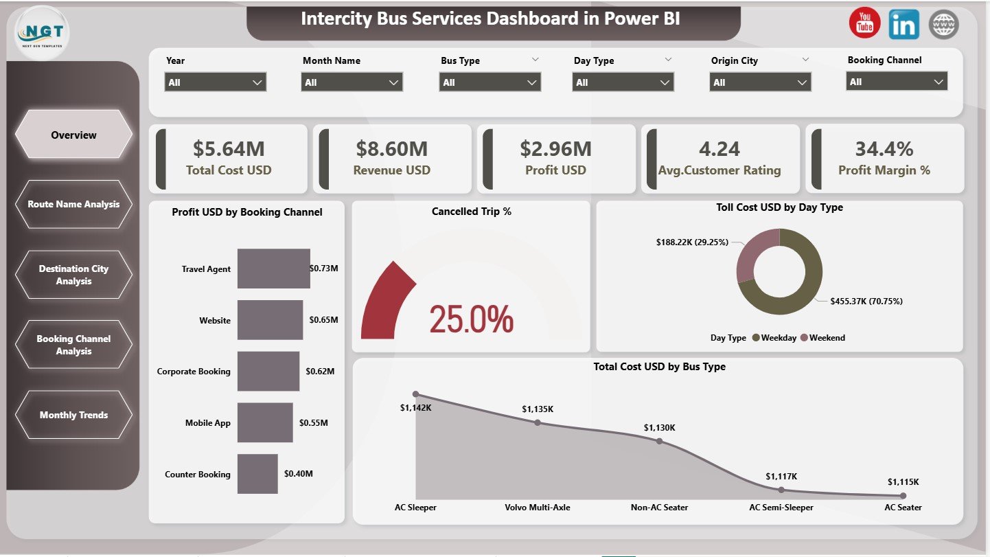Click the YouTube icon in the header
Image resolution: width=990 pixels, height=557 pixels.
[864, 24]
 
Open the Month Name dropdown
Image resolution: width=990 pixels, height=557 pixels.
[352, 82]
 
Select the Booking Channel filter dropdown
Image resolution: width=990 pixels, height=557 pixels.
[896, 82]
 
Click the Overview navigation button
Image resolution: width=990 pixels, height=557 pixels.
[73, 135]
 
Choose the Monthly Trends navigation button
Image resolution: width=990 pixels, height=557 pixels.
[73, 415]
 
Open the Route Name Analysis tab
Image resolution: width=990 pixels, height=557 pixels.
[73, 204]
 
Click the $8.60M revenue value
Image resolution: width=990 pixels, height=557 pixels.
[391, 148]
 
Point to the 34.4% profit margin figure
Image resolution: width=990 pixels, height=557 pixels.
[884, 148]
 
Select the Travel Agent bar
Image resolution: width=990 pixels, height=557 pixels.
[273, 269]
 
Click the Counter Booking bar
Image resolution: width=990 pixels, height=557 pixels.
[257, 473]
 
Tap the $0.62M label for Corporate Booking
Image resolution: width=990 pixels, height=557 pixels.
[320, 371]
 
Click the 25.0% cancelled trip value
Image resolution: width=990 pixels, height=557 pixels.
[471, 319]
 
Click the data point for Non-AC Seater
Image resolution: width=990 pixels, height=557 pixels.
[659, 441]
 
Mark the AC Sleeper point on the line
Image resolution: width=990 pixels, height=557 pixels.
[415, 394]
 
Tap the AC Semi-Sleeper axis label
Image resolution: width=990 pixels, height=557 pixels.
[781, 508]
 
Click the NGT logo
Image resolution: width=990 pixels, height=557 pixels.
[41, 33]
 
